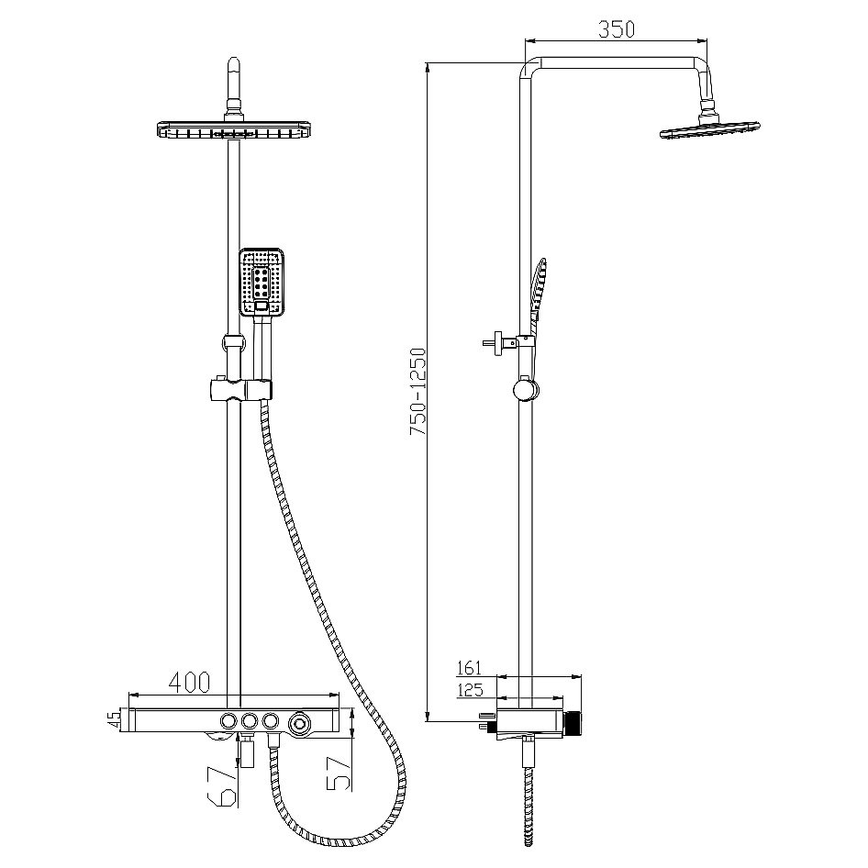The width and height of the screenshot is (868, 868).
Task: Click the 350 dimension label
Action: (x=616, y=28)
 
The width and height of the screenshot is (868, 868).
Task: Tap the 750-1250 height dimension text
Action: (x=418, y=391)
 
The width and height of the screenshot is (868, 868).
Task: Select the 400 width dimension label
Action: (x=189, y=682)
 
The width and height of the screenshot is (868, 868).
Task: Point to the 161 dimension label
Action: (x=470, y=668)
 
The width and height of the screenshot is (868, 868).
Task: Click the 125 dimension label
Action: (x=470, y=690)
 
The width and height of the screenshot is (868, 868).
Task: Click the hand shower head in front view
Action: (x=262, y=282)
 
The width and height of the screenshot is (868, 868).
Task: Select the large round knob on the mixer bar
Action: (x=300, y=722)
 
